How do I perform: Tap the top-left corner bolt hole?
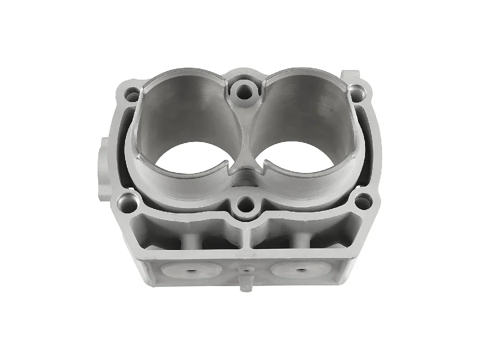pos(132,93)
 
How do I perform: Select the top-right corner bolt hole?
pos(357,91)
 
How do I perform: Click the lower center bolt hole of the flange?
pos(245,202)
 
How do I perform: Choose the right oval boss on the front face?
pos(298,269)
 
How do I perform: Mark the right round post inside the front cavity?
pos(301,238)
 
